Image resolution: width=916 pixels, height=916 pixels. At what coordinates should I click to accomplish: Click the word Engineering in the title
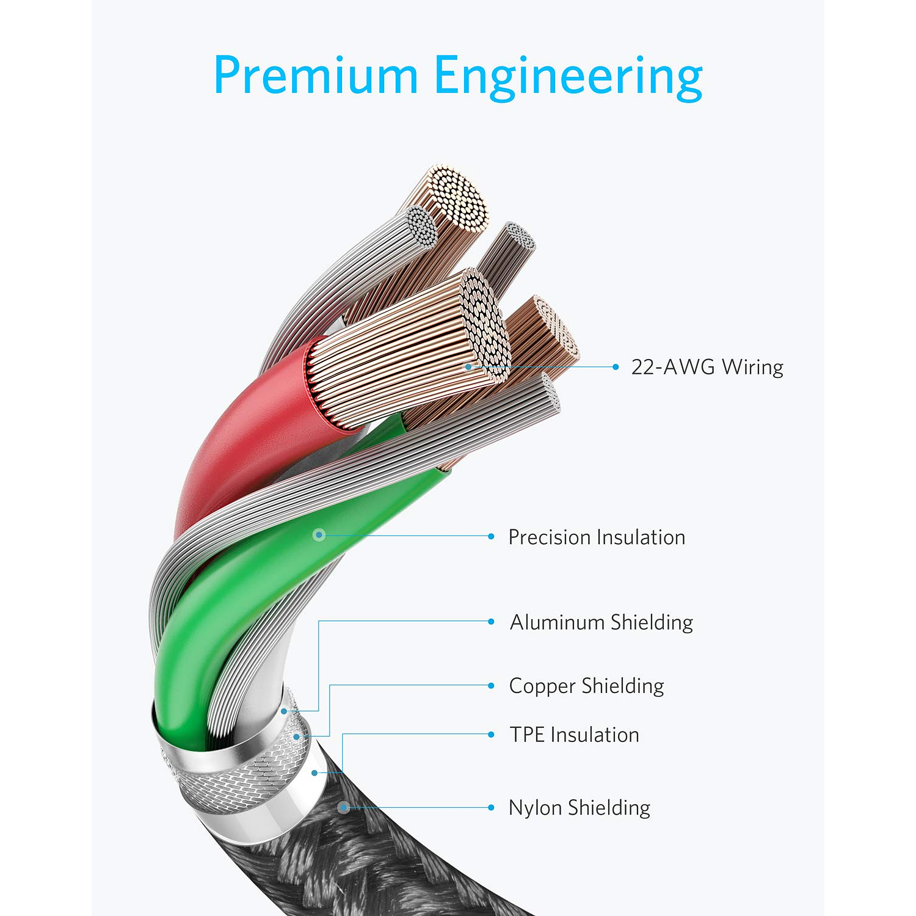click(x=568, y=77)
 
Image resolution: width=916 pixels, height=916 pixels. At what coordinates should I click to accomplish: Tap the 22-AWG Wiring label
click(x=707, y=367)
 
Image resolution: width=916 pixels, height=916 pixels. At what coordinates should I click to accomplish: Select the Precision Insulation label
click(x=597, y=537)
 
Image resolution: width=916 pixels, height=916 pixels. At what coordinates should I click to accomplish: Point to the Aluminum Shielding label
click(x=601, y=622)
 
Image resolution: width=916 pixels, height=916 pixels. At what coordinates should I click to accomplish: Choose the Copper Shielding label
click(x=586, y=686)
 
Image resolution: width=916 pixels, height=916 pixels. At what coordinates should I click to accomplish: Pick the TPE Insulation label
click(x=574, y=735)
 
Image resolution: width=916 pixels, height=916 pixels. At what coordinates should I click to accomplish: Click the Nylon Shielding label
click(x=579, y=808)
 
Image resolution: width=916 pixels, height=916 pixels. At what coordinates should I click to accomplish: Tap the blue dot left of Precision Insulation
click(x=491, y=536)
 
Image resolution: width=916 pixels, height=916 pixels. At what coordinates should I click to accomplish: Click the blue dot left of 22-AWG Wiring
click(x=616, y=367)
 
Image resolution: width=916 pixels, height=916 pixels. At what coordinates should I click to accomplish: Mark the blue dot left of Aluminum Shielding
click(x=491, y=622)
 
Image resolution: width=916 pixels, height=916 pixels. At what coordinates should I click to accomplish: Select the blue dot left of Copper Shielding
click(x=491, y=685)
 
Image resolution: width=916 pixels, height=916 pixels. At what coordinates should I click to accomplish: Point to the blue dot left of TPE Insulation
click(x=491, y=734)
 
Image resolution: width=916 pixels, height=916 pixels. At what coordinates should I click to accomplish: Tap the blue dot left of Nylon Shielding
click(x=491, y=807)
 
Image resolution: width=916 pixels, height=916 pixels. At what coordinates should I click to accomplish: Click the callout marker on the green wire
click(x=318, y=535)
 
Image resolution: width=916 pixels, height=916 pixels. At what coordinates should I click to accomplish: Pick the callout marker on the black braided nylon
click(x=344, y=807)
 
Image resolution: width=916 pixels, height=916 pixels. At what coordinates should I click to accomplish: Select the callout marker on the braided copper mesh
click(x=297, y=737)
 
